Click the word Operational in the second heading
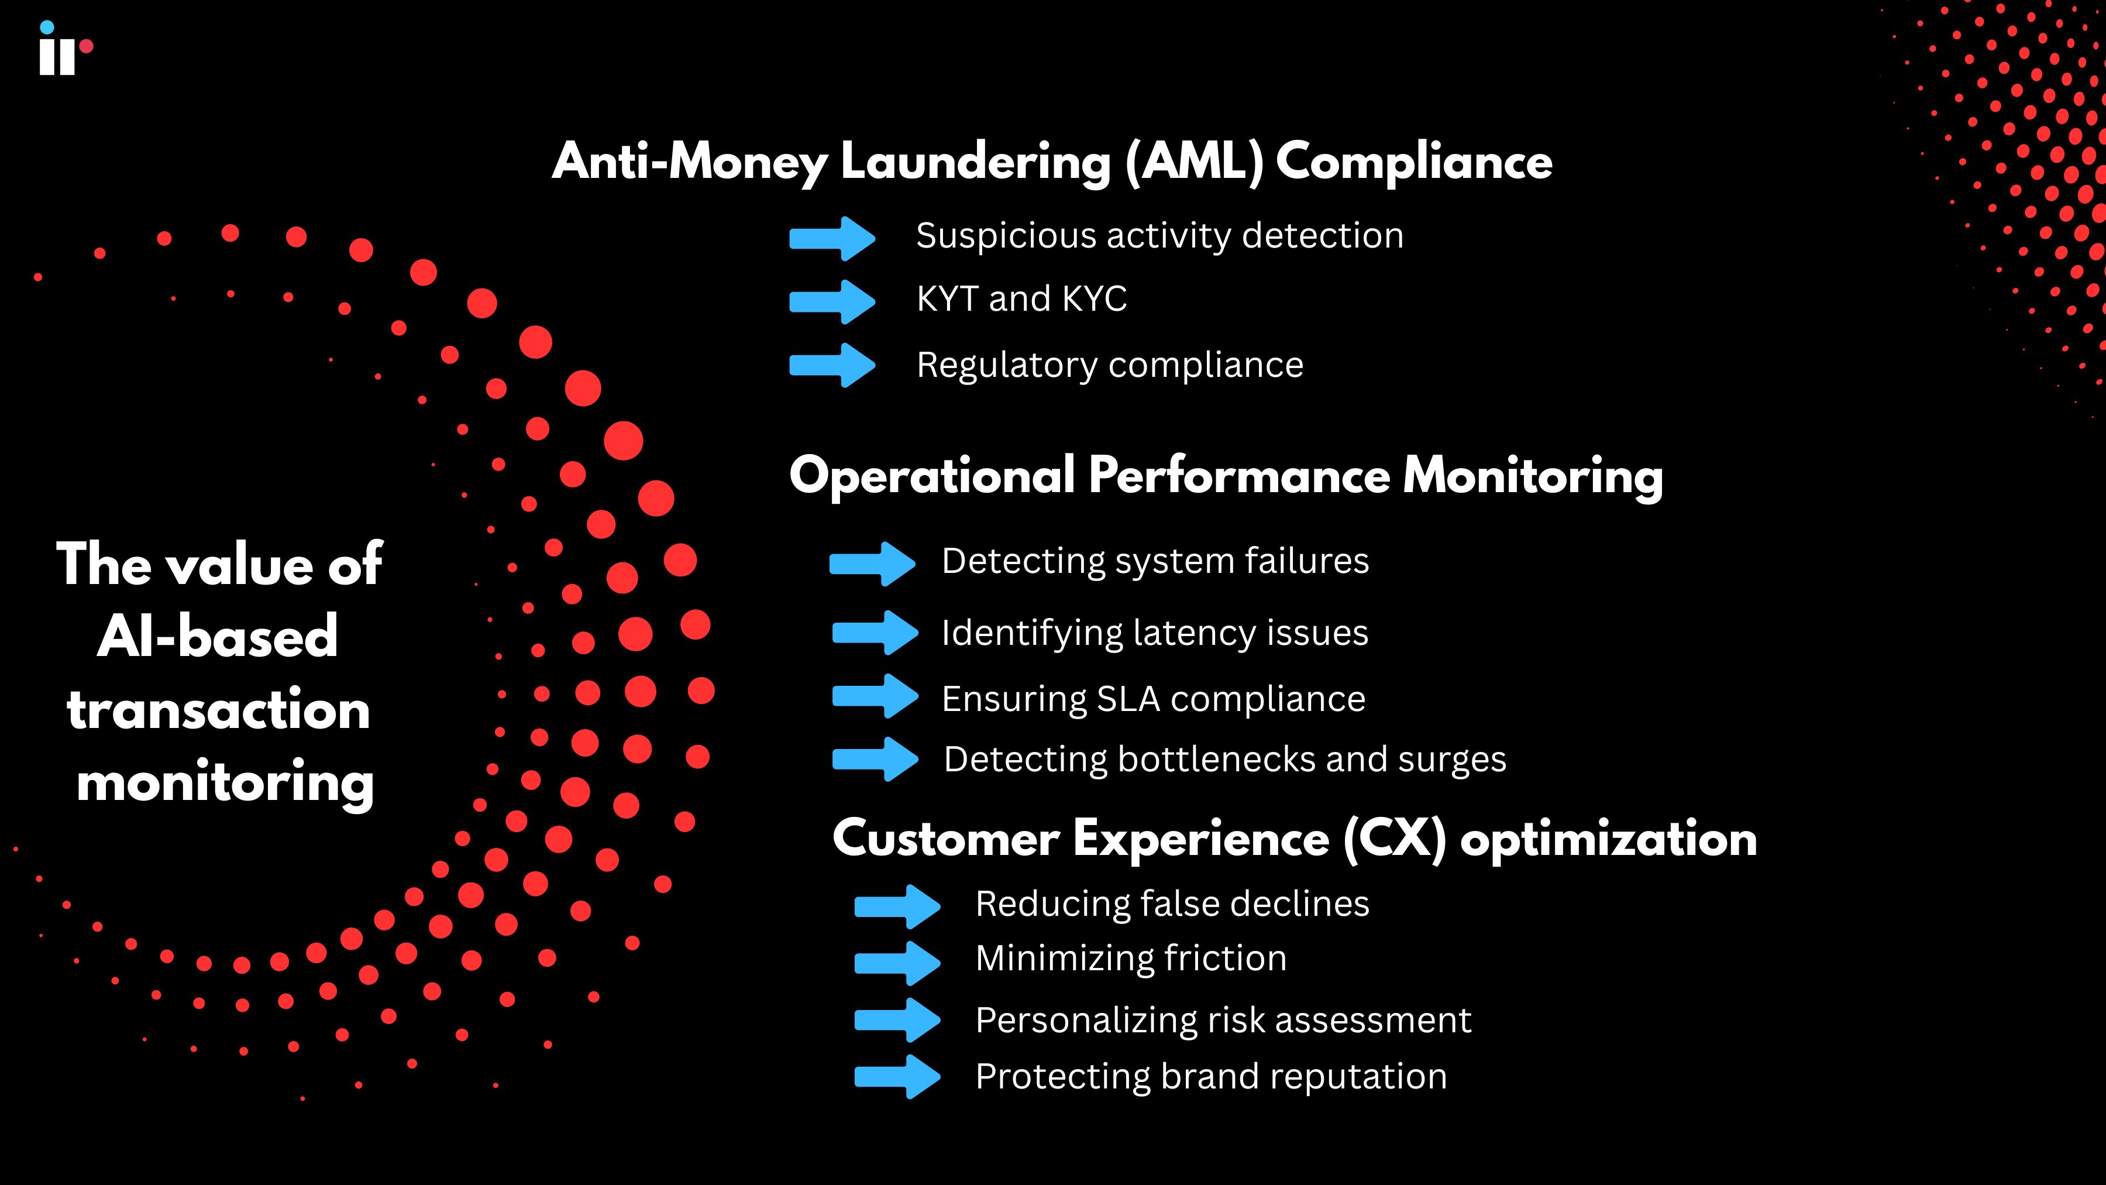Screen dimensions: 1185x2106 coord(932,476)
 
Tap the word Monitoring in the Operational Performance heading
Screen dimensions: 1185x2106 coord(1533,476)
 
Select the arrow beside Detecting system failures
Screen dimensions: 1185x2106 coord(872,564)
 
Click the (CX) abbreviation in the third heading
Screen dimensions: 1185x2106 coord(1395,839)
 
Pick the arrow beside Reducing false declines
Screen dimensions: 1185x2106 coord(897,906)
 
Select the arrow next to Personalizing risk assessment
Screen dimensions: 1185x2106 coord(897,1020)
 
